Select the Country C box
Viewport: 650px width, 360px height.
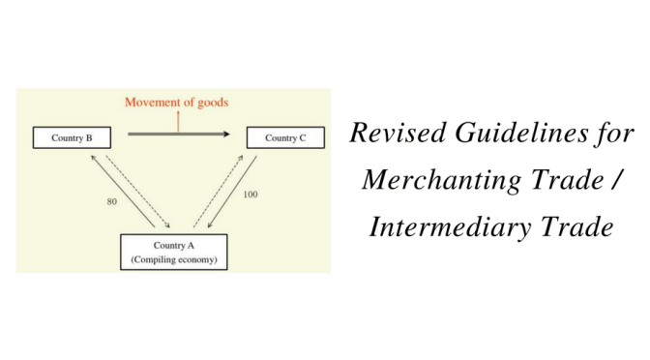tap(286, 137)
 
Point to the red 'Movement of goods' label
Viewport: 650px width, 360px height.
tap(176, 102)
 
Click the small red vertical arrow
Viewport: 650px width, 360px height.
tap(178, 121)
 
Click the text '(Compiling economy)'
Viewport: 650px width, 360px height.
tap(173, 259)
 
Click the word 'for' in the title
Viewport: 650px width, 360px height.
tap(616, 135)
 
